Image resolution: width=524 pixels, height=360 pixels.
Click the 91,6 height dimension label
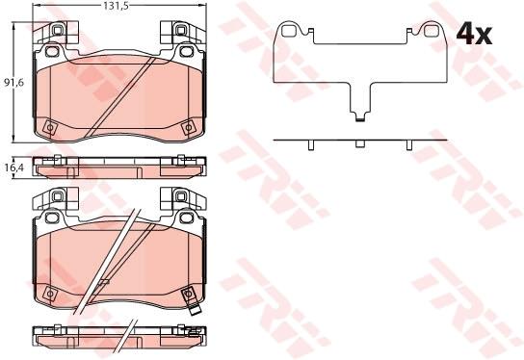tap(13, 83)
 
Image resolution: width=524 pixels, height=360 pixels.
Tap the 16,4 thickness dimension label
tap(13, 167)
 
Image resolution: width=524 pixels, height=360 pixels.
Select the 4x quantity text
tap(474, 35)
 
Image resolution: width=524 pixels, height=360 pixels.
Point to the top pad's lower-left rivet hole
tap(50, 127)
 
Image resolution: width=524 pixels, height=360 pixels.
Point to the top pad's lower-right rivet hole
tap(188, 128)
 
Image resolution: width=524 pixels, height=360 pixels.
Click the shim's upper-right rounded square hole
tap(431, 32)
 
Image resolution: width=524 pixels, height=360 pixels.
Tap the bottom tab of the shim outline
tap(359, 117)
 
